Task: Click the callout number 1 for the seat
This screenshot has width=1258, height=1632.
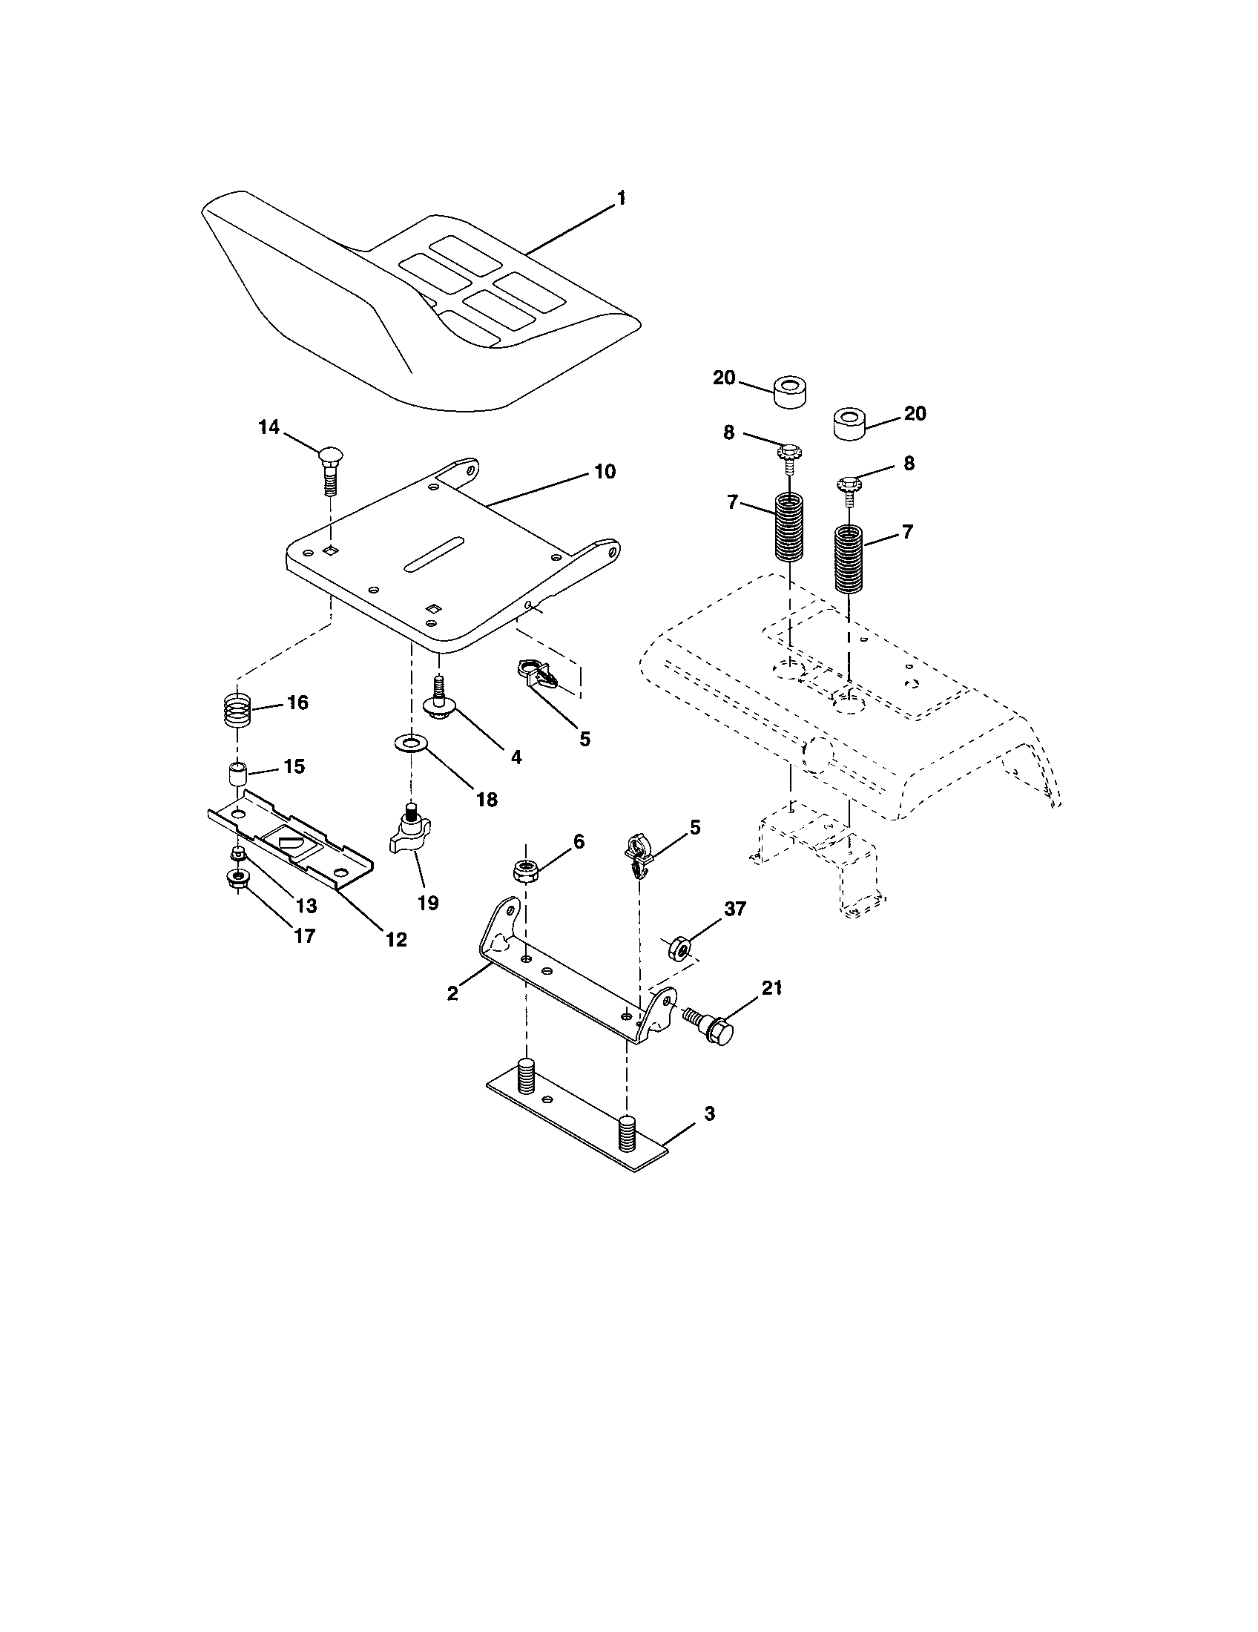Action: point(621,198)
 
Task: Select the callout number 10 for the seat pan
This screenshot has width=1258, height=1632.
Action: point(605,472)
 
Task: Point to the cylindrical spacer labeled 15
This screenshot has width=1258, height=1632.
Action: point(237,773)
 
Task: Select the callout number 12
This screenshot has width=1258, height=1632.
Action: point(396,939)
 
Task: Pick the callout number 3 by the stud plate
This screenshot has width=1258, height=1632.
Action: point(709,1134)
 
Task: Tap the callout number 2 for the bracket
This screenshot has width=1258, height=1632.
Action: point(452,993)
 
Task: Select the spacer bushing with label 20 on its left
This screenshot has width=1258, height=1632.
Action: point(789,392)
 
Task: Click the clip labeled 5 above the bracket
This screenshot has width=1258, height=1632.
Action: point(636,855)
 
